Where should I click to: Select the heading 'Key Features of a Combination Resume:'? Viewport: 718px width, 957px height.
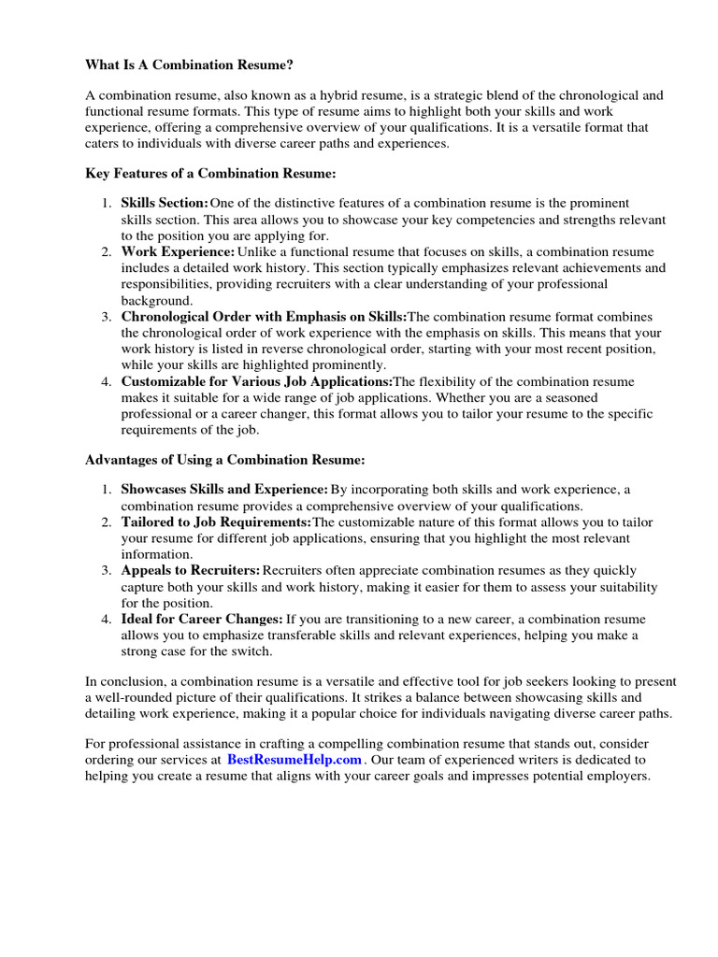(x=210, y=173)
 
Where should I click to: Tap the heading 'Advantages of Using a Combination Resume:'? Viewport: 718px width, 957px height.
(x=224, y=460)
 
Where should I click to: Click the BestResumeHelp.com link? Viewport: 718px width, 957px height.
(x=293, y=761)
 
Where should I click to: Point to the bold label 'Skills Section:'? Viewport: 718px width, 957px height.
(x=165, y=203)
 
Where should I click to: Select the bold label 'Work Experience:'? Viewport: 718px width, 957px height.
(x=178, y=251)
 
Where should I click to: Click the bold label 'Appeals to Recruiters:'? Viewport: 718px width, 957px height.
(x=191, y=570)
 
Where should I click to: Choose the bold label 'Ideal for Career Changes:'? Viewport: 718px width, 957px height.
(x=202, y=619)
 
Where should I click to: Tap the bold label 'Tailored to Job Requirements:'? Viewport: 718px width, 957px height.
(x=216, y=521)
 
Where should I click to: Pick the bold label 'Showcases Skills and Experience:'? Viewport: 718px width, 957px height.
(x=224, y=490)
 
